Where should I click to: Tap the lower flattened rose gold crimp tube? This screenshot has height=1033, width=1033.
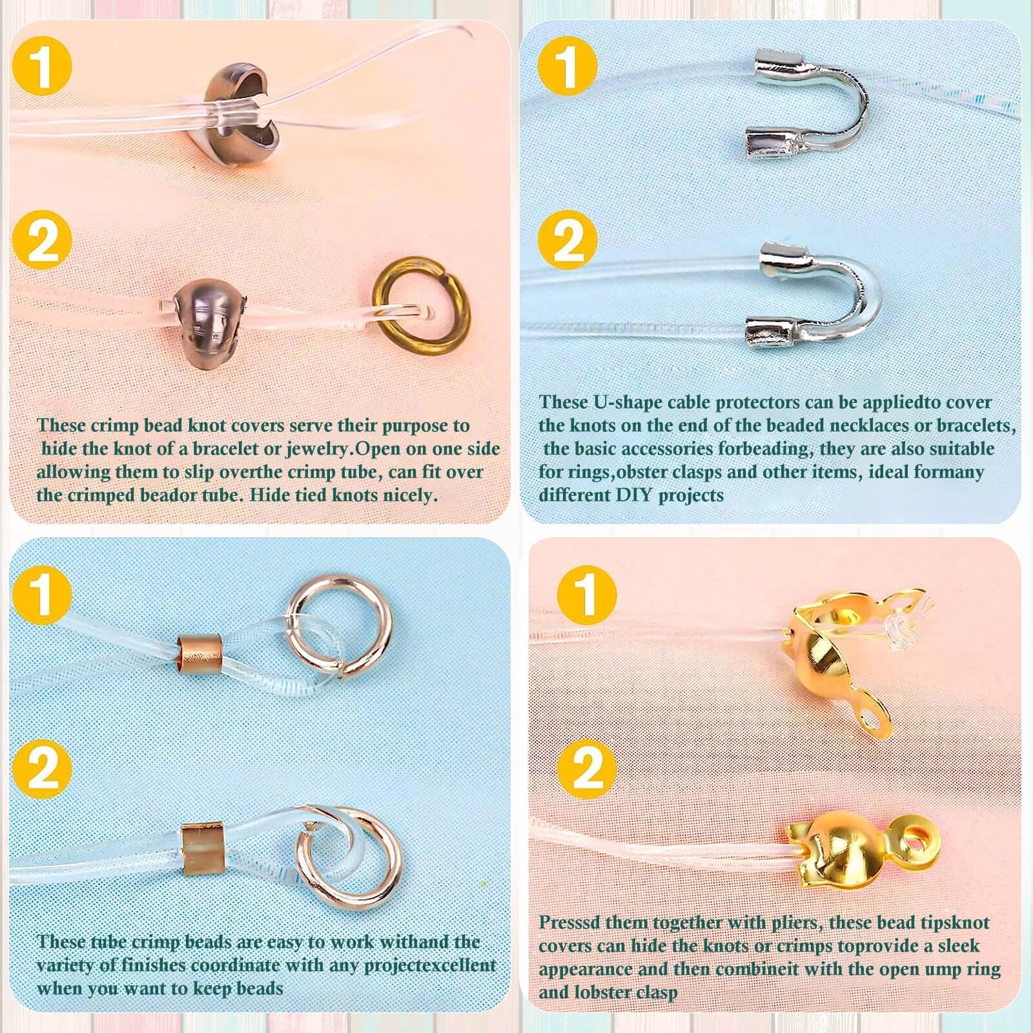[201, 847]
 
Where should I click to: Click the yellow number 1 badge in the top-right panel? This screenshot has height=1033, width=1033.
[567, 66]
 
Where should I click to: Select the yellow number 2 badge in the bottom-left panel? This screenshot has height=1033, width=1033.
[42, 769]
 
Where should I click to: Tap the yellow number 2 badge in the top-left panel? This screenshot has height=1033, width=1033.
[42, 241]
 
